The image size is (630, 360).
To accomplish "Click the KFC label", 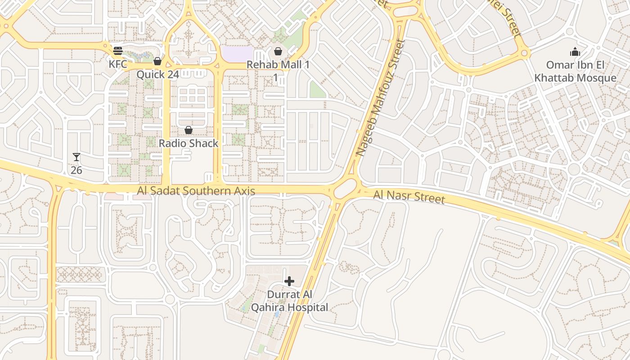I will [x=118, y=64].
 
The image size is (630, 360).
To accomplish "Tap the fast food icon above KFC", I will [x=118, y=50].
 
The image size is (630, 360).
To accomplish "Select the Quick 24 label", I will [x=157, y=74].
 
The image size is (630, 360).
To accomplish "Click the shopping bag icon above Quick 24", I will [x=157, y=61].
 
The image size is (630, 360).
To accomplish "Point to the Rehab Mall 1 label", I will [x=278, y=65].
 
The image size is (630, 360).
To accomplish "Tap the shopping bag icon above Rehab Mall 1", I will [x=278, y=51].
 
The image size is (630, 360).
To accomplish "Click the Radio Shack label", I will [x=189, y=143].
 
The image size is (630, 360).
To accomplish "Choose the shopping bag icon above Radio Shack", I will [x=189, y=130].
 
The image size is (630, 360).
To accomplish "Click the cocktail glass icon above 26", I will [x=76, y=157].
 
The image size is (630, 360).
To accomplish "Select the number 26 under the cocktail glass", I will [x=76, y=170].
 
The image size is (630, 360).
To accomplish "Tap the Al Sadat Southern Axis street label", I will [x=196, y=191].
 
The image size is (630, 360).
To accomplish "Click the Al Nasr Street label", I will [x=409, y=197].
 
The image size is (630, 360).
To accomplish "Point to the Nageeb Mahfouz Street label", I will [x=380, y=98].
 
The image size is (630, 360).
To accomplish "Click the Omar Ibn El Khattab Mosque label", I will [x=575, y=71].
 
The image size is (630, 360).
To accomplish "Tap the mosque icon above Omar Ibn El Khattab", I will [x=575, y=52].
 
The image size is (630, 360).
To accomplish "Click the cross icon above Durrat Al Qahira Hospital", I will [x=289, y=282].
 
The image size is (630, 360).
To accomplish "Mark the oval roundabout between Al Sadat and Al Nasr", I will [x=345, y=188].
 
